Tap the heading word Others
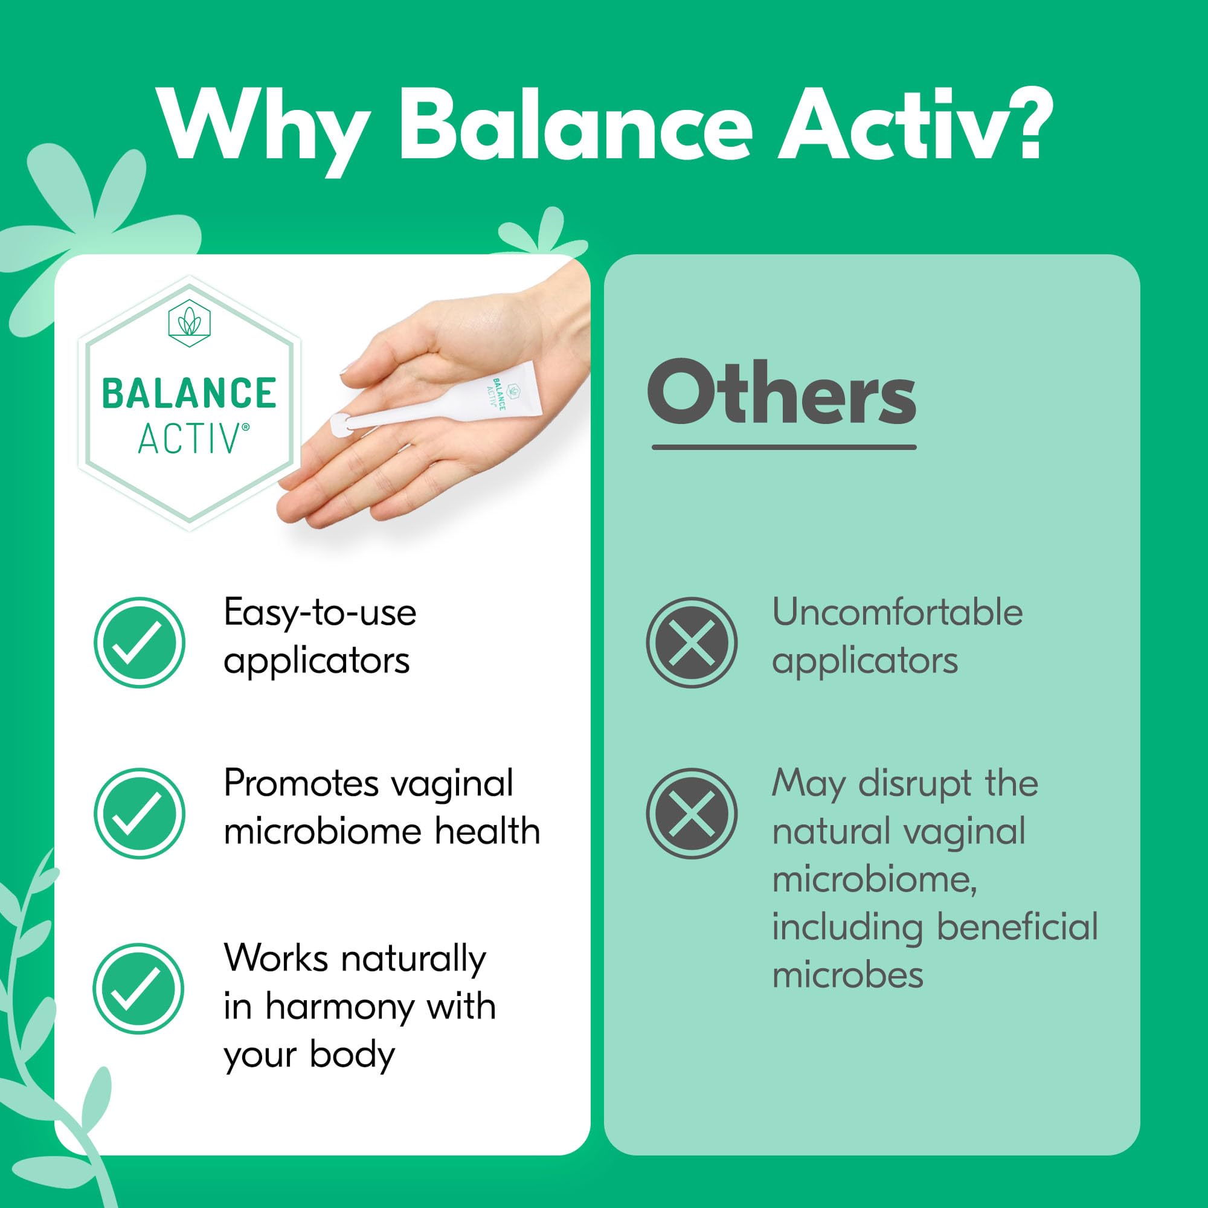(782, 393)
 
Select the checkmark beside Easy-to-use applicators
(140, 643)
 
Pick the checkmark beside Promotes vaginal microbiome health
(140, 814)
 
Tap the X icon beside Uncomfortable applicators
(692, 643)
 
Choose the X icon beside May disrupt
(692, 814)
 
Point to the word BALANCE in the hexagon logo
(189, 393)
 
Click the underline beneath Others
(784, 447)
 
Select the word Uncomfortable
(898, 612)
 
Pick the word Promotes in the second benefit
(301, 783)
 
